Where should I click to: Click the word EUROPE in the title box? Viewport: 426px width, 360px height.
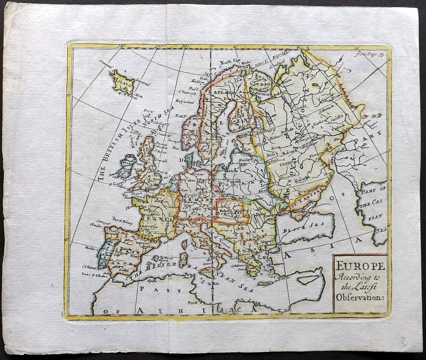[x=360, y=266]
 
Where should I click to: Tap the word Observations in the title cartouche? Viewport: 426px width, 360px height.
[x=360, y=297]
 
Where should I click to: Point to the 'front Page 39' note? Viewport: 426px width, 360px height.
[x=370, y=54]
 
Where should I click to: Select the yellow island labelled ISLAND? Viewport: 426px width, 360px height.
[x=123, y=82]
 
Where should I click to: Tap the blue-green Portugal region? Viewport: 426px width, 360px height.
[x=103, y=254]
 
